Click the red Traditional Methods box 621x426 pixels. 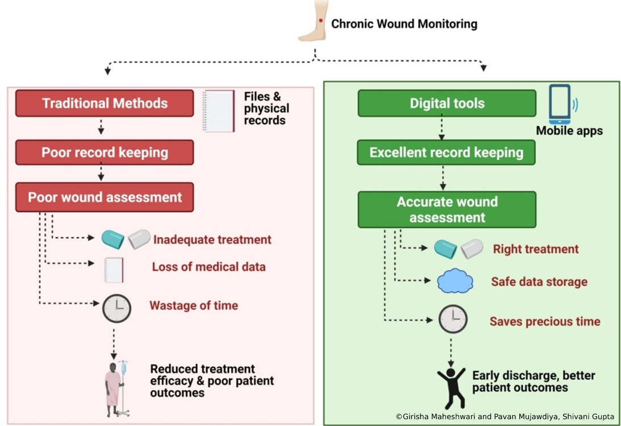(105, 103)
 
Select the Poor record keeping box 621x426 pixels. (105, 152)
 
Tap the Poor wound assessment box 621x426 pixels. (105, 197)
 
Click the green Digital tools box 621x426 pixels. (447, 103)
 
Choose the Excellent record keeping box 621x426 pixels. (447, 152)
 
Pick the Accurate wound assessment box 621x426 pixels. (447, 209)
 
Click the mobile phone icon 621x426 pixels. (560, 105)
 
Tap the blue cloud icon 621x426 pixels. (455, 281)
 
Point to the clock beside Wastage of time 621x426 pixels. (116, 308)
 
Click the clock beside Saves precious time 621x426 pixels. (453, 319)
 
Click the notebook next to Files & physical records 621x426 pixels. (219, 111)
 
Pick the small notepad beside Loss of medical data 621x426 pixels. (114, 270)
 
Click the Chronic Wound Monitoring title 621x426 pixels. (404, 24)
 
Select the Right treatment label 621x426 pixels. (535, 249)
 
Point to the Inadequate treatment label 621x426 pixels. (212, 240)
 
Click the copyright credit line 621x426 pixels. (505, 416)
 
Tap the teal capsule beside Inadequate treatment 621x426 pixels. (112, 239)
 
